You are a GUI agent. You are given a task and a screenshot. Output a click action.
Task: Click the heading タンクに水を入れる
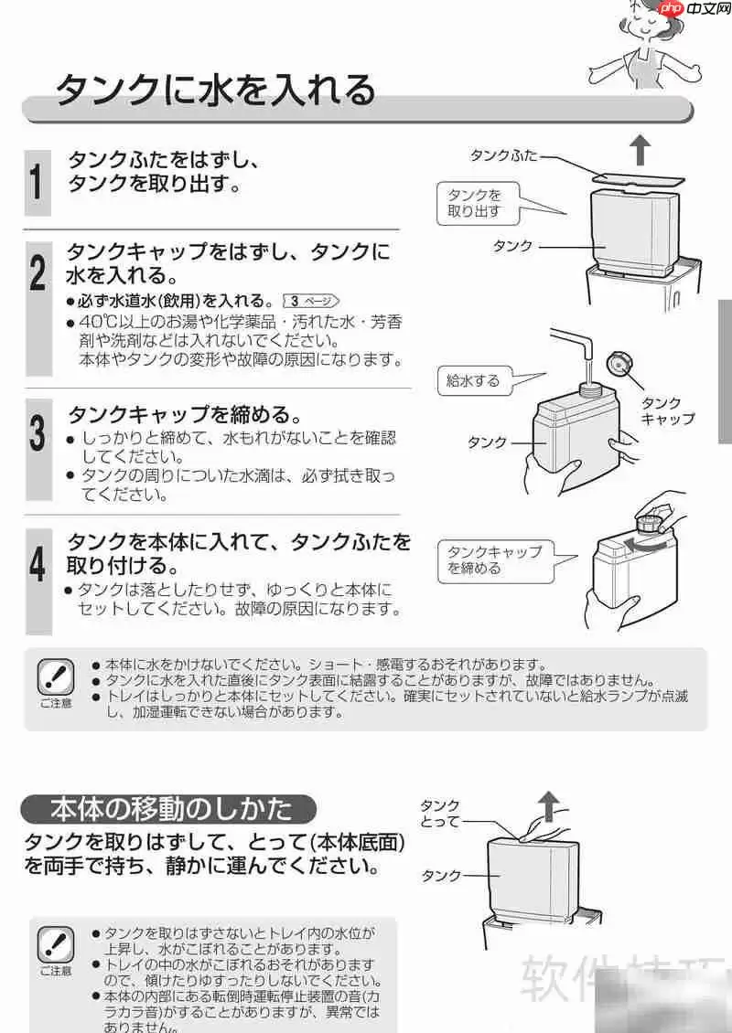pyautogui.click(x=216, y=91)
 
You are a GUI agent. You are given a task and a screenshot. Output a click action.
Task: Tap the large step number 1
pyautogui.click(x=37, y=179)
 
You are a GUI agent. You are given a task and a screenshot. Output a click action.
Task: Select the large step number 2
pyautogui.click(x=37, y=272)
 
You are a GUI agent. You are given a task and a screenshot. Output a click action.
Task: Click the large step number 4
pyautogui.click(x=37, y=563)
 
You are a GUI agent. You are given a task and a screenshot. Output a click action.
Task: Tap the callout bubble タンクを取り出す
pyautogui.click(x=475, y=203)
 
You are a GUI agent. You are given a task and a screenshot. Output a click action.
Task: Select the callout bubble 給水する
pyautogui.click(x=473, y=381)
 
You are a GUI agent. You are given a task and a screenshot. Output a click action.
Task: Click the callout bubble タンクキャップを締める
pyautogui.click(x=494, y=559)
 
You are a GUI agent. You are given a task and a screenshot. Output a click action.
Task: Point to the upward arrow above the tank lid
pyautogui.click(x=640, y=148)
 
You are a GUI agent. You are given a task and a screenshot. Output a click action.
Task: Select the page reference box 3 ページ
pyautogui.click(x=312, y=300)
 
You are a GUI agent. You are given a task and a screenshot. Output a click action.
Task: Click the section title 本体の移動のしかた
pyautogui.click(x=170, y=808)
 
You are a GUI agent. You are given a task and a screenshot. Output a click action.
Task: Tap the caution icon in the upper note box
pyautogui.click(x=55, y=678)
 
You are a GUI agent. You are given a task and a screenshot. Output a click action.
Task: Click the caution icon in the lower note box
pyautogui.click(x=55, y=946)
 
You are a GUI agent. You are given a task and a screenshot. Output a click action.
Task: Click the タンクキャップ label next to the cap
pyautogui.click(x=666, y=411)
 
